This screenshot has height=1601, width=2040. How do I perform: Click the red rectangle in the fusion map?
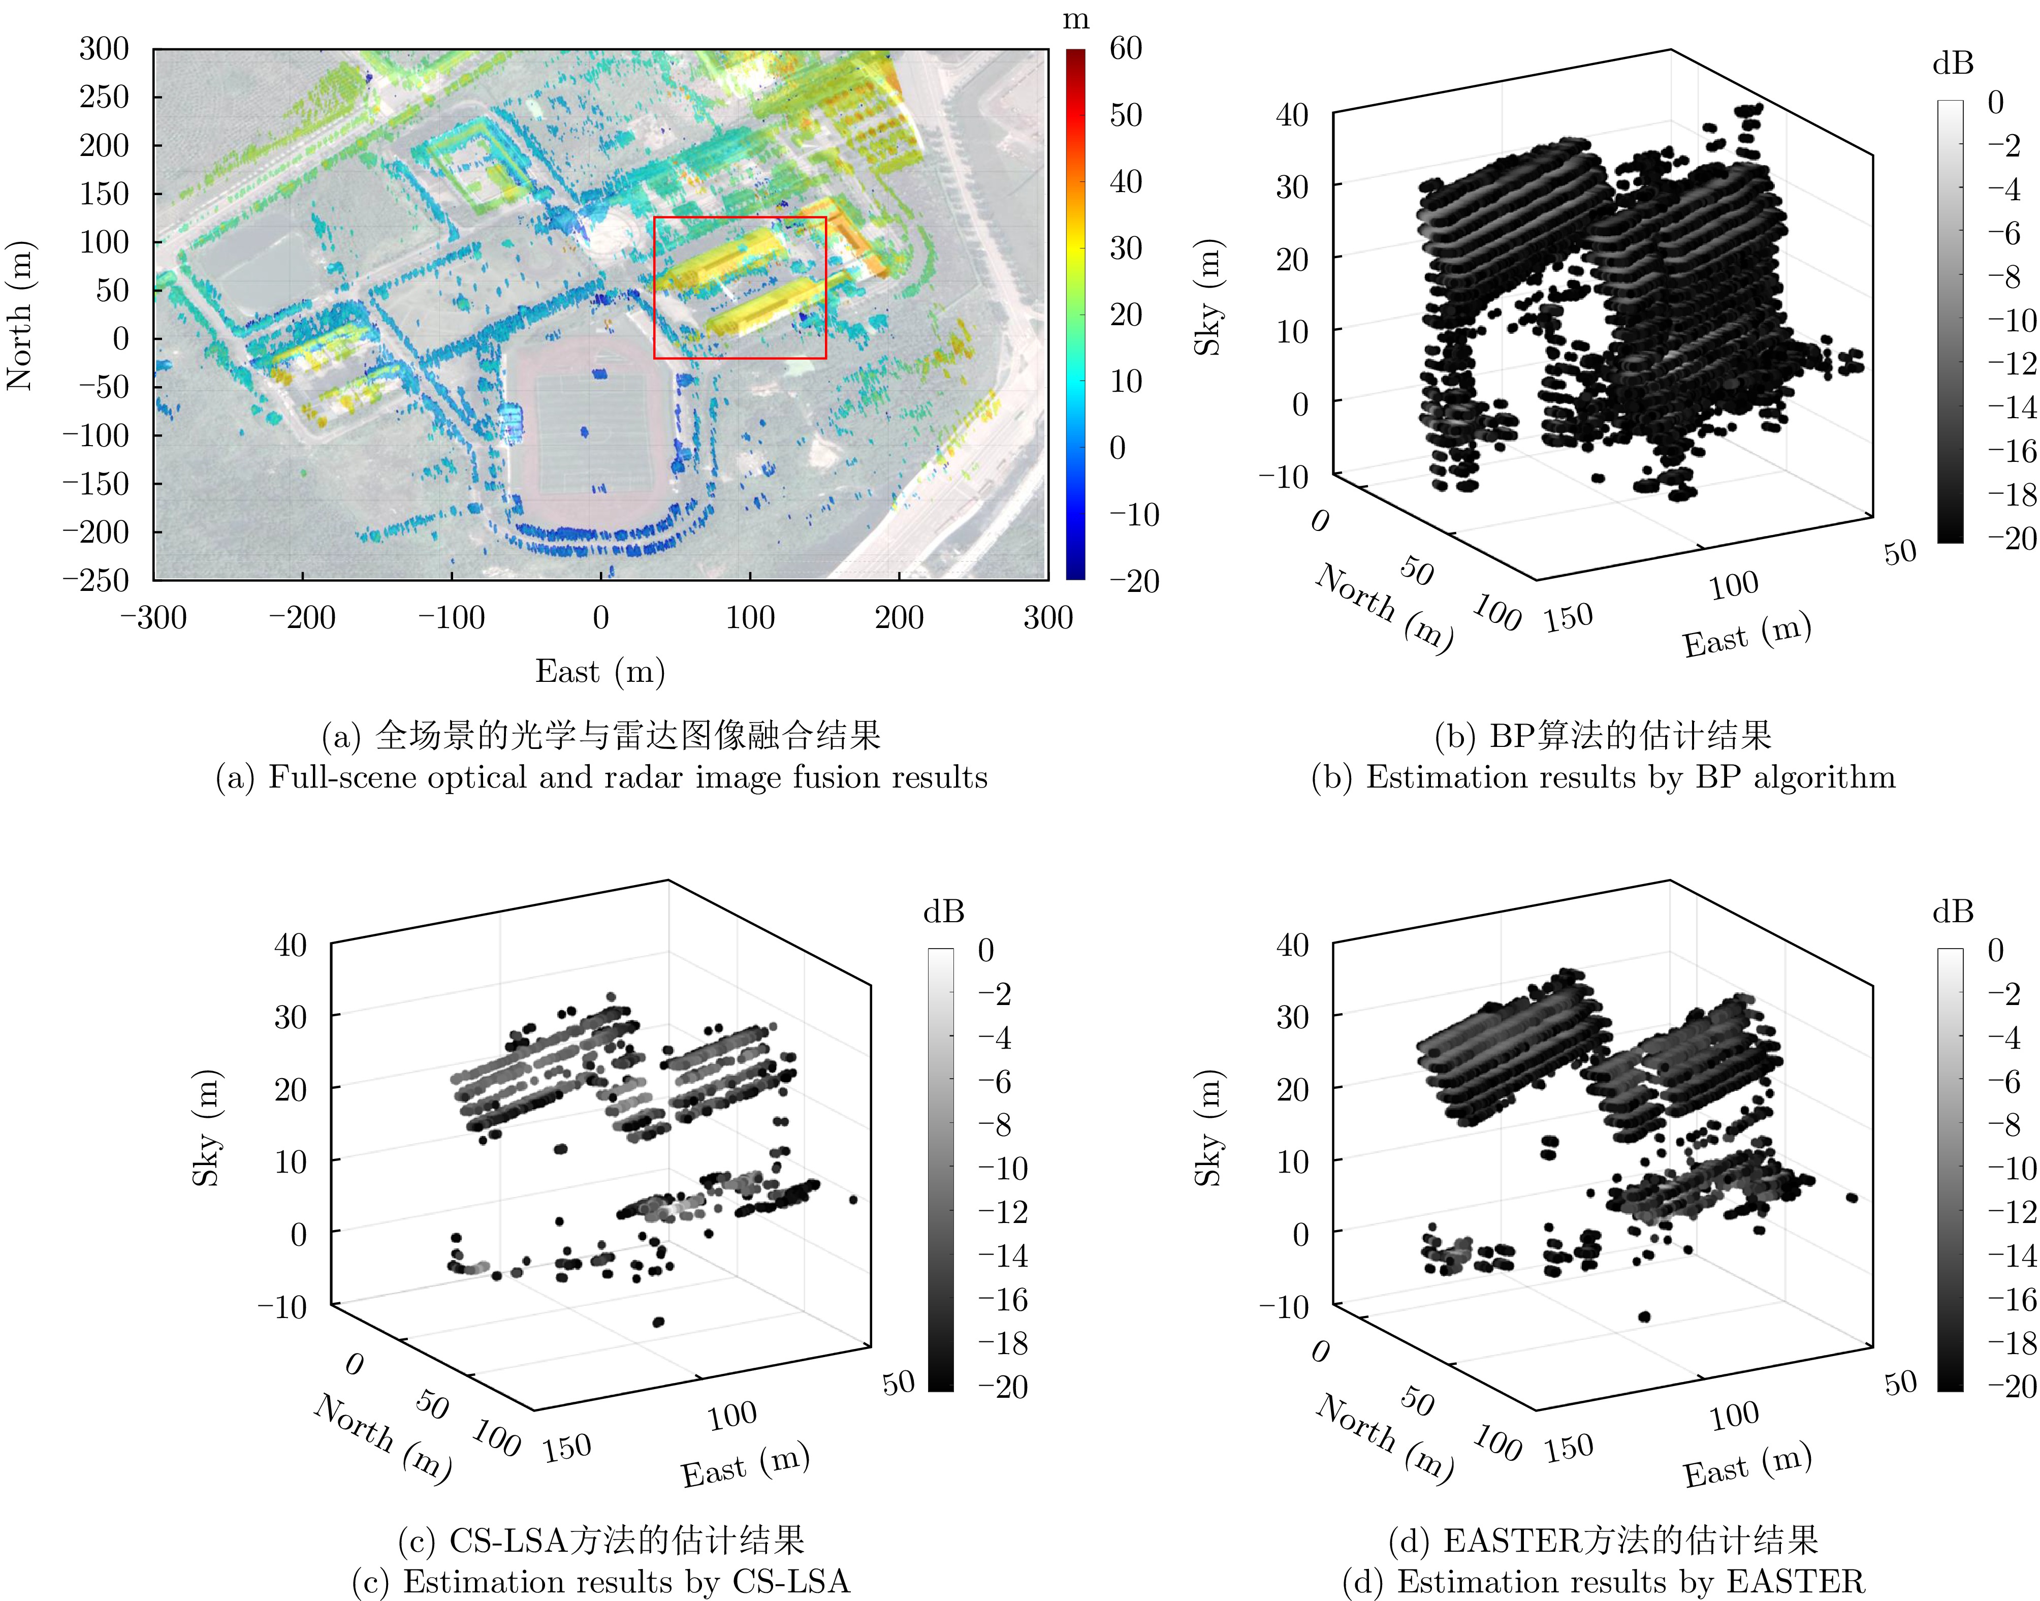coord(654,288)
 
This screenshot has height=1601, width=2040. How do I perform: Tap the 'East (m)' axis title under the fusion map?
coord(600,671)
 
